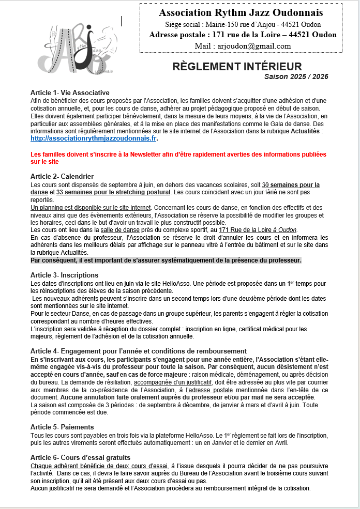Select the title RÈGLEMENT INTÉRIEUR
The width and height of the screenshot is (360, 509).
coord(237,67)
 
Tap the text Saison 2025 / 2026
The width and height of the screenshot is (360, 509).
coord(296,76)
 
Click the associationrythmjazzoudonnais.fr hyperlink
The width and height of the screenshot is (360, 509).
coord(94,138)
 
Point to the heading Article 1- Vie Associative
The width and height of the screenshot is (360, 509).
coord(70,92)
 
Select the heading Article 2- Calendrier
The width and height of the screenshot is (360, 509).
coord(62,177)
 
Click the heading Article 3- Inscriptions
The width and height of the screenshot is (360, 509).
coord(64,274)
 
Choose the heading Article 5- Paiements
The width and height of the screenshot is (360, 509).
coord(62,427)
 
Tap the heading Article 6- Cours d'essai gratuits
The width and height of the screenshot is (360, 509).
coord(80,457)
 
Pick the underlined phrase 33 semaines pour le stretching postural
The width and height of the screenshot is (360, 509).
coord(113,192)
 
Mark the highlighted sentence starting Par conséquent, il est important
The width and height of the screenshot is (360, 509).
coord(166,260)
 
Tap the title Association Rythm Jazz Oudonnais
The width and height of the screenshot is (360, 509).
coord(241,12)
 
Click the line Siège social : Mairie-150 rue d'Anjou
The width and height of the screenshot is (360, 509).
coord(243,24)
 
